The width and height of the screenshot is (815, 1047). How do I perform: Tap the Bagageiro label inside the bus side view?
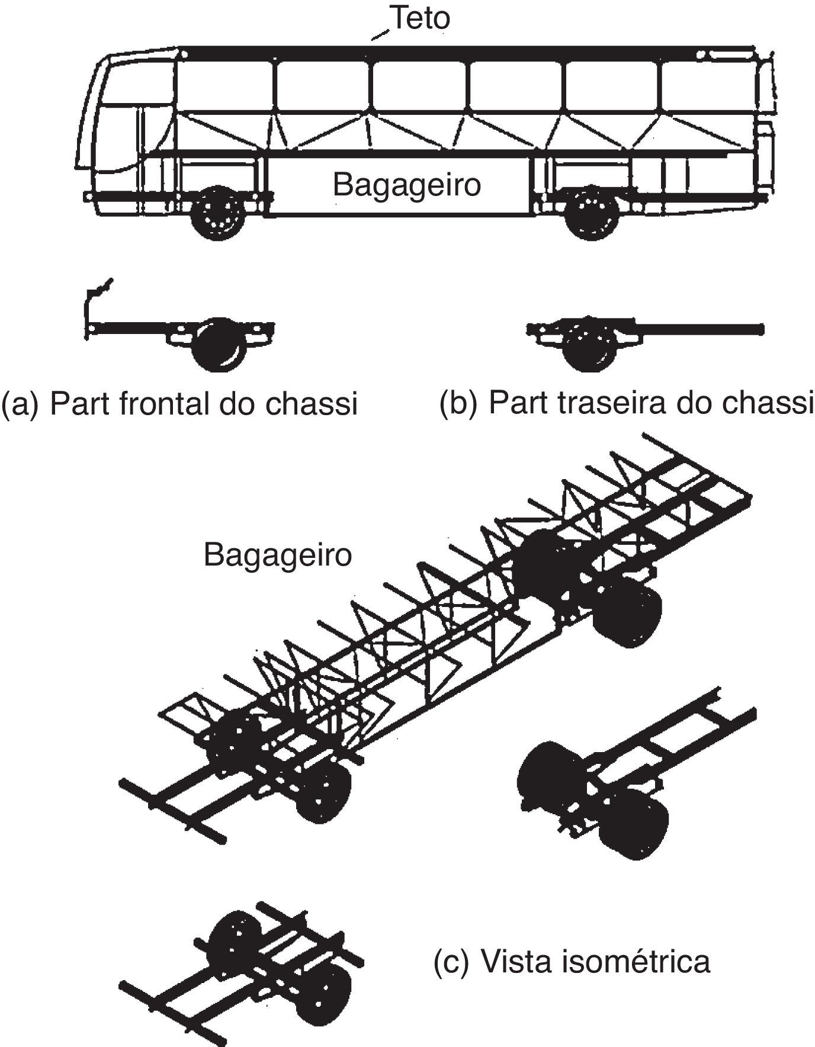coord(406,185)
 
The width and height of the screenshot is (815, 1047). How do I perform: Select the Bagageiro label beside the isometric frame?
coord(278,555)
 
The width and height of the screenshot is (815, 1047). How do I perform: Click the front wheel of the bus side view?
coord(219,213)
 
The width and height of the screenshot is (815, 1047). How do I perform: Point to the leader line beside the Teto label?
coord(380,34)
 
